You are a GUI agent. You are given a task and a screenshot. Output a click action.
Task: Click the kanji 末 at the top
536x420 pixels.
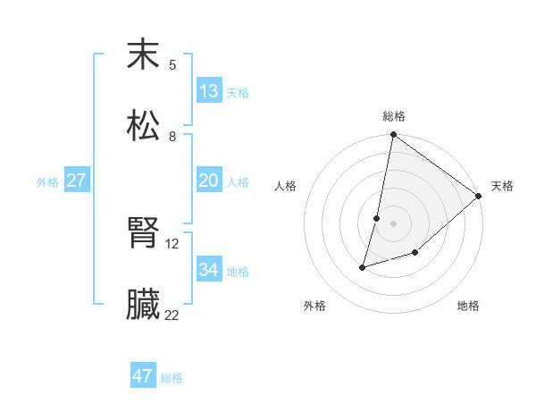pos(143,55)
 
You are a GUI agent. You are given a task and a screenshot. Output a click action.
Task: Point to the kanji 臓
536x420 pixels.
pos(143,305)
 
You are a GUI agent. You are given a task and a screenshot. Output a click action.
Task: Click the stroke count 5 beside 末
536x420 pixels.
pos(172,64)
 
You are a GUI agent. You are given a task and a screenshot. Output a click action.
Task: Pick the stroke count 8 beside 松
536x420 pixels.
pos(172,136)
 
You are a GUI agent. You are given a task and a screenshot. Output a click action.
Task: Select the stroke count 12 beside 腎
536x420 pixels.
pos(172,243)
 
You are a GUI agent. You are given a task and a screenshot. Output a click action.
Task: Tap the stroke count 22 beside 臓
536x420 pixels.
pos(172,315)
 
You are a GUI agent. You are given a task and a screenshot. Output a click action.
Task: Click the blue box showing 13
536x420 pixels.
pos(209,91)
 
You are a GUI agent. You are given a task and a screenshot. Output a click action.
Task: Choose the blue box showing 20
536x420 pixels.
pos(209,181)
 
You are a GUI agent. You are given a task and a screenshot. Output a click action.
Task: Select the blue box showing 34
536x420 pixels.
pos(209,270)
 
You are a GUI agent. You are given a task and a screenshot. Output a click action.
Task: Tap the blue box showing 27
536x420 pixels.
pos(76,181)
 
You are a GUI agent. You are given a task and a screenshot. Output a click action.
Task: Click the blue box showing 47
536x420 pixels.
pos(143,376)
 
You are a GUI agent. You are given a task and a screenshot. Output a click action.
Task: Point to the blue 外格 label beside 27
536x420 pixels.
pos(47,182)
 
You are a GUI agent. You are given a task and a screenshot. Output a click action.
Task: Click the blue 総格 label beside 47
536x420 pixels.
pos(172,378)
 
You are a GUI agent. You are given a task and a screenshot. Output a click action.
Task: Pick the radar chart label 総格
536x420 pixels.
pos(394,116)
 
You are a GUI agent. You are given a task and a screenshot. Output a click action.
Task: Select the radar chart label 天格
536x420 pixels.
pos(502,186)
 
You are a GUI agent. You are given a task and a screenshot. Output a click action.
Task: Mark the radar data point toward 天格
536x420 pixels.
pos(479,197)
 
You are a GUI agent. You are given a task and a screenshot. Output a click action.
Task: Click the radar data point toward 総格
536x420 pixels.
pos(393,135)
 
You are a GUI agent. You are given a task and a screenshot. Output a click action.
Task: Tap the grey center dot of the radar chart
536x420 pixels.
pos(393,223)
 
